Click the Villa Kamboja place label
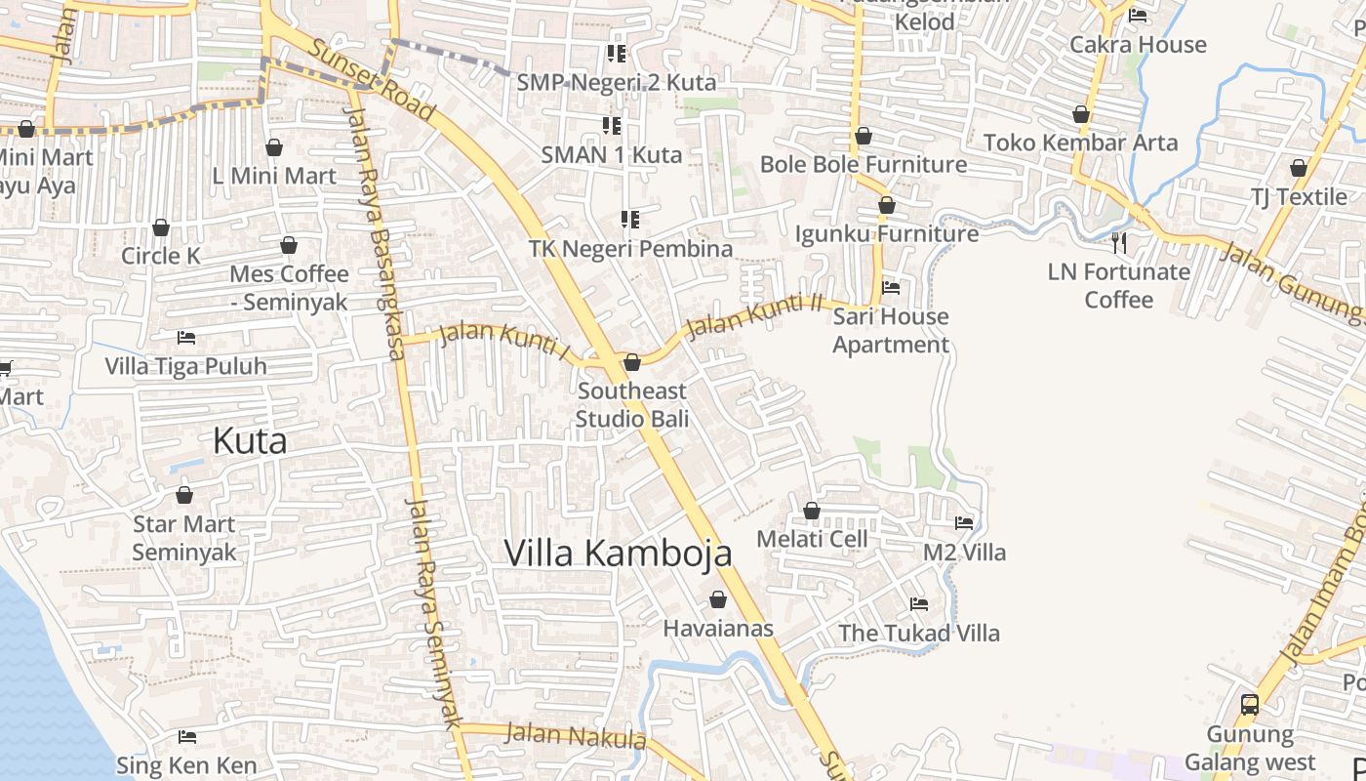[x=618, y=553]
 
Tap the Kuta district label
[x=250, y=441]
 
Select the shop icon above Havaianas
[x=718, y=599]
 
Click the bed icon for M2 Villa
[x=964, y=523]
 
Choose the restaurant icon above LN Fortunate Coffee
[x=1119, y=242]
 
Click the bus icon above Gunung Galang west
[x=1250, y=704]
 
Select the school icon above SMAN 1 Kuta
[x=612, y=125]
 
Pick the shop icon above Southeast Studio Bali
[x=632, y=363]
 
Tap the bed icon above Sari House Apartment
[x=891, y=288]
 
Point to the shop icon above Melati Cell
[x=812, y=511]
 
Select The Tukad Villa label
[x=919, y=634]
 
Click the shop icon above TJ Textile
[x=1299, y=168]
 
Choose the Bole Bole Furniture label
[x=864, y=164]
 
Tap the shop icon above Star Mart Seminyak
[x=184, y=496]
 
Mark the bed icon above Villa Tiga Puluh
[x=186, y=338]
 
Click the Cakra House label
[x=1138, y=45]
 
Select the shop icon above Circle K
[x=161, y=228]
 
